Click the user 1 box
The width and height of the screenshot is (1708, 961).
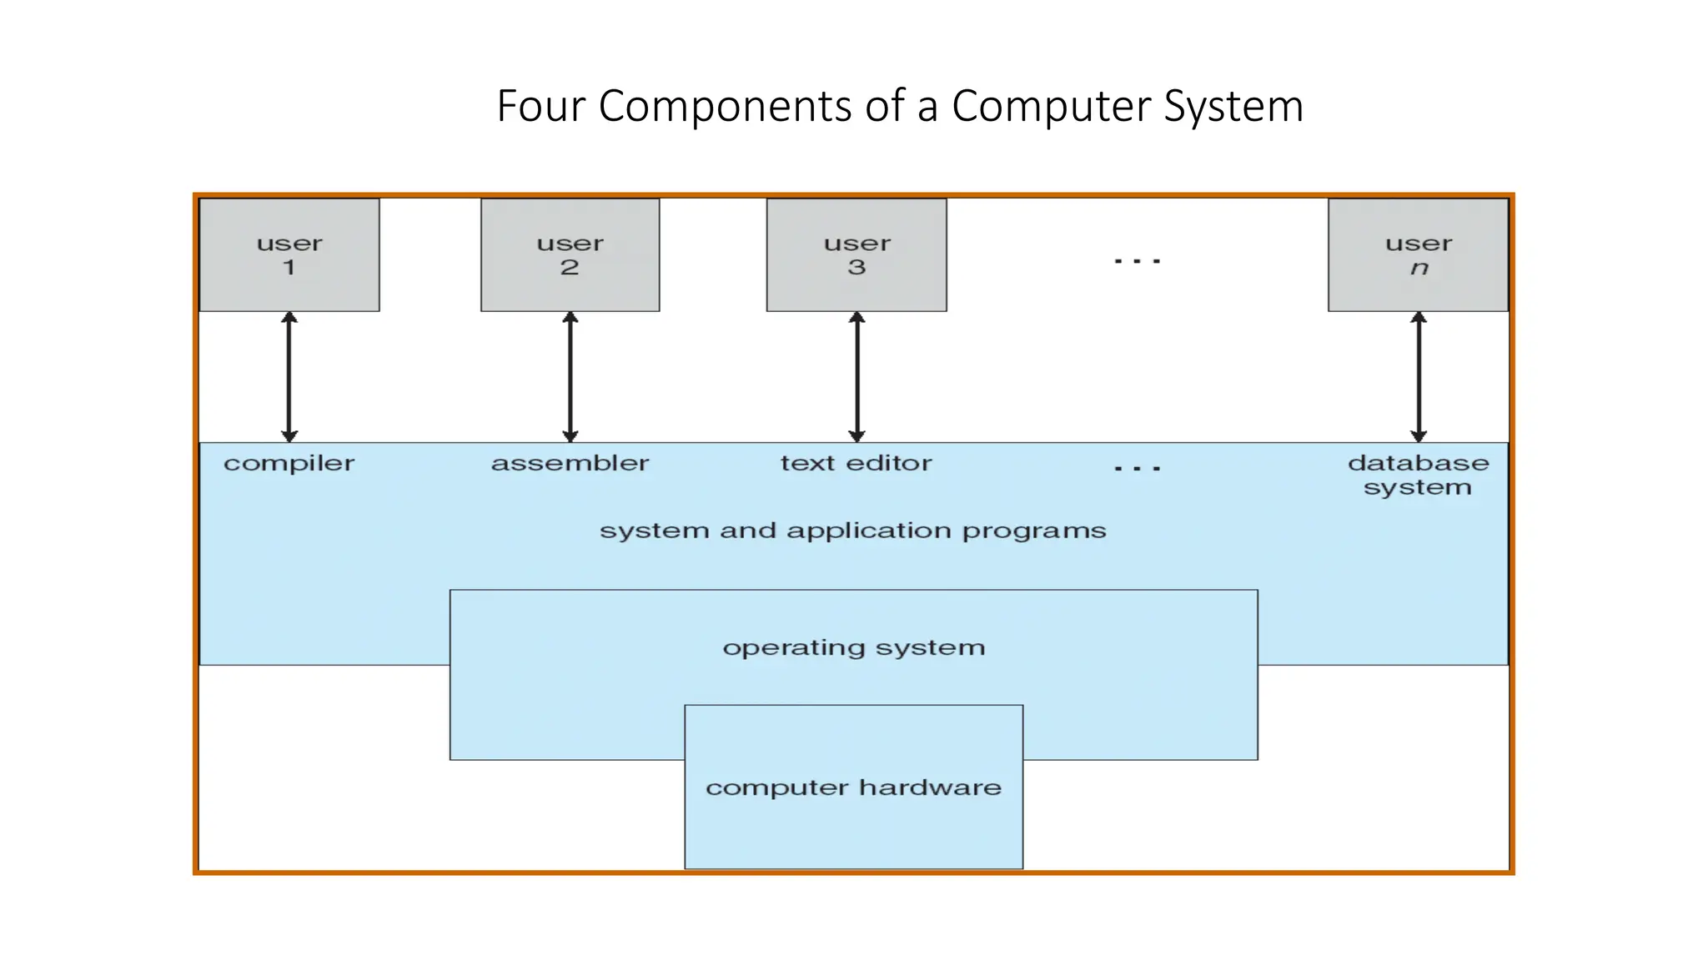click(289, 255)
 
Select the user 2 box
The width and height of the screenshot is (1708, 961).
click(570, 255)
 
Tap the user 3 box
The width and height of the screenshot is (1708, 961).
click(857, 255)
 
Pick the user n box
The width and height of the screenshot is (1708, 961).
click(1418, 255)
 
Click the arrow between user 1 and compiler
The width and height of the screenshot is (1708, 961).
click(289, 377)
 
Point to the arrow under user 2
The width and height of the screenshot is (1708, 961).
click(570, 377)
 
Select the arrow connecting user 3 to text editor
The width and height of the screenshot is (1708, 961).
click(857, 377)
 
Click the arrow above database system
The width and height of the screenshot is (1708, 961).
click(1419, 377)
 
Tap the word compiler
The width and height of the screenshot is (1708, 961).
click(289, 464)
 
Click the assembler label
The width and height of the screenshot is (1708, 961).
click(570, 463)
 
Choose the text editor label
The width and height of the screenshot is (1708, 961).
click(856, 463)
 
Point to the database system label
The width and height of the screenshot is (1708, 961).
click(1418, 475)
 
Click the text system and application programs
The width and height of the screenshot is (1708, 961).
click(852, 531)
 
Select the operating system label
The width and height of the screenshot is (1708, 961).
click(853, 648)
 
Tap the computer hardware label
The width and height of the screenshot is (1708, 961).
click(853, 787)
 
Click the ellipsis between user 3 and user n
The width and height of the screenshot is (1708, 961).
click(1138, 262)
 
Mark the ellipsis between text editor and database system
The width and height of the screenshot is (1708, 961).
click(1138, 469)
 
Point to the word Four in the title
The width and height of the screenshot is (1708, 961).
click(541, 107)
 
